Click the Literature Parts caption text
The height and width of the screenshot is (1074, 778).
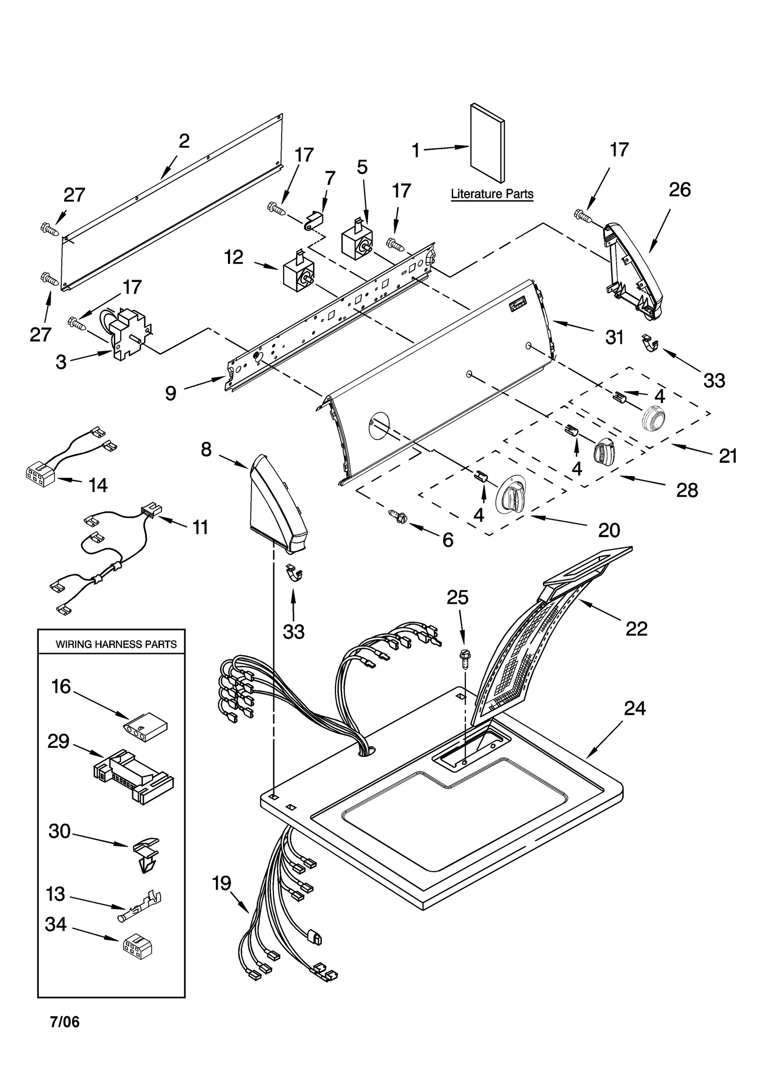click(x=492, y=194)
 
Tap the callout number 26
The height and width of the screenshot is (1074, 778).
click(x=679, y=190)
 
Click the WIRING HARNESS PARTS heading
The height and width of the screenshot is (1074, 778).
click(x=116, y=644)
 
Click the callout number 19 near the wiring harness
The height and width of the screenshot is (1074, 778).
click(x=222, y=883)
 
